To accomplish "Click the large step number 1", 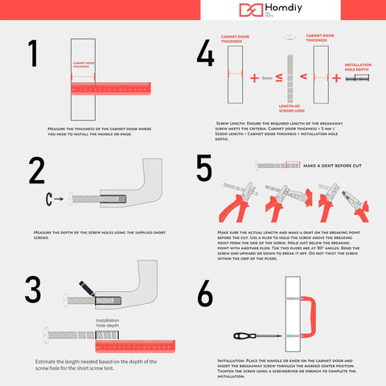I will pyautogui.click(x=33, y=55).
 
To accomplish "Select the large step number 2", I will pyautogui.click(x=36, y=171).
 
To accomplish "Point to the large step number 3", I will pyautogui.click(x=33, y=289).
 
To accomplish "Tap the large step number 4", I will pyautogui.click(x=205, y=55).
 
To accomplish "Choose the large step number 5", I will pyautogui.click(x=205, y=170).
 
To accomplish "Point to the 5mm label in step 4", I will pyautogui.click(x=267, y=78).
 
